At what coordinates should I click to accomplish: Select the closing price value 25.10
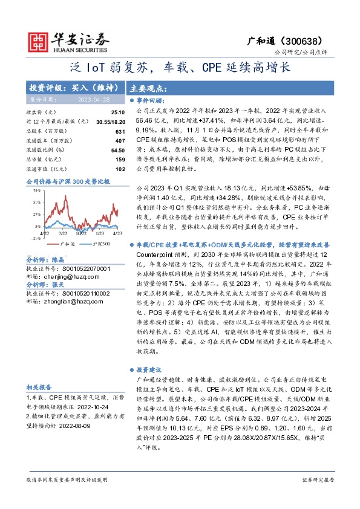tap(117, 113)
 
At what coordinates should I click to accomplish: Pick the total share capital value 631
tap(119, 132)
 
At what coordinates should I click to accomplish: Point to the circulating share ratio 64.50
tap(117, 151)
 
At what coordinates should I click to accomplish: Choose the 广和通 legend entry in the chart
tap(68, 243)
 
